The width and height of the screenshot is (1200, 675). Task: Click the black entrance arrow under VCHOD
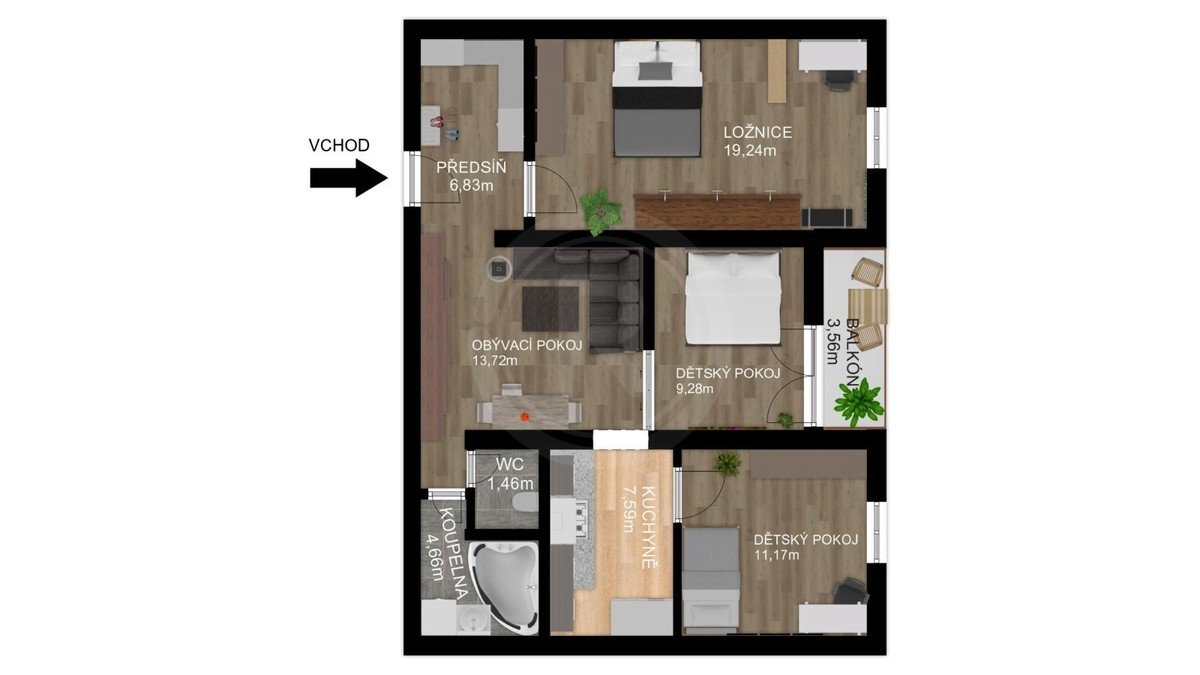[349, 177]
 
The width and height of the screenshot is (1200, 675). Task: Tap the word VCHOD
[339, 145]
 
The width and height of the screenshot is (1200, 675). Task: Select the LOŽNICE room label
[758, 132]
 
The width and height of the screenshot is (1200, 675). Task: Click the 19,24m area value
[750, 151]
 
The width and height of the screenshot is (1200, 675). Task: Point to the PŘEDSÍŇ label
[471, 167]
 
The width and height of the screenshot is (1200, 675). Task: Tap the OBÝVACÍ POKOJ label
[527, 345]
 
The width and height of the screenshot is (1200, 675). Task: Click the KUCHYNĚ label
[649, 527]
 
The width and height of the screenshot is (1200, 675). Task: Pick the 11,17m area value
[776, 554]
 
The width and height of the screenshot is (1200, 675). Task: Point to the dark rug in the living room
[550, 309]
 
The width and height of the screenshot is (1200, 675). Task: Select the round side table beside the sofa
[499, 268]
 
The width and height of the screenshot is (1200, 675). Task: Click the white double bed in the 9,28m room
[733, 298]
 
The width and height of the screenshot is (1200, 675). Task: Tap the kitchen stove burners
[581, 518]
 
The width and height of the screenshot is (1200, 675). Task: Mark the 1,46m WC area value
[511, 484]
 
